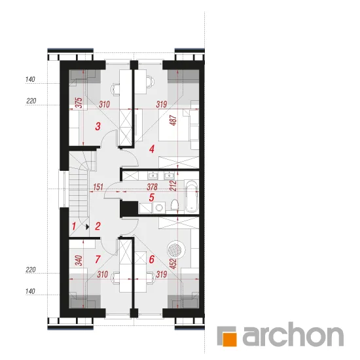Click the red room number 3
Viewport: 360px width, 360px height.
[98, 126]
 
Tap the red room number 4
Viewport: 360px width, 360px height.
[152, 149]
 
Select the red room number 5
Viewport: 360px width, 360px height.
[152, 198]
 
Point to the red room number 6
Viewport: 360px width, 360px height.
[152, 259]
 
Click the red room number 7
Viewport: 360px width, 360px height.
[98, 259]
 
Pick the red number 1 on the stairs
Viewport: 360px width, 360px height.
[74, 226]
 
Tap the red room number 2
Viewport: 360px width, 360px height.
[98, 226]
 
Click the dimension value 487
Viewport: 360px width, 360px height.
[174, 120]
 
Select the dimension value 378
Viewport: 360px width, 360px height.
[152, 187]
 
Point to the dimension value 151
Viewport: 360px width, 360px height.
[98, 187]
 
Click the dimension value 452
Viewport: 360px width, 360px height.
[174, 264]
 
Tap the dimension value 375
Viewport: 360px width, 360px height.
[79, 103]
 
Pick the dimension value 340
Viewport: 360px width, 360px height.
[79, 261]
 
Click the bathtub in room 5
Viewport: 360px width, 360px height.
[192, 196]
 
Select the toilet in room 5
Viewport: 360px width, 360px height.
[175, 205]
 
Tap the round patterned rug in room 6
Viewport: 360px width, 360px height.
[176, 249]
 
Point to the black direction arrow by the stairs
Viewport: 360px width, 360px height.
[87, 227]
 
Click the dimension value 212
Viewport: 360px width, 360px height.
[174, 186]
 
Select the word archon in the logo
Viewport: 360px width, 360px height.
[293, 334]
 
